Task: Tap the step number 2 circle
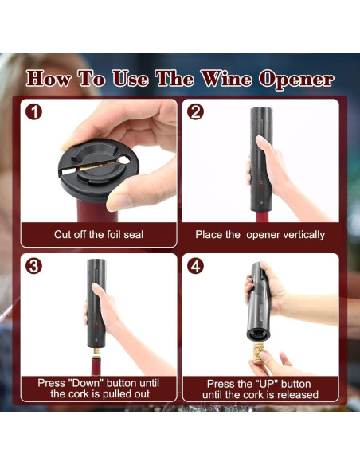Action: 195,112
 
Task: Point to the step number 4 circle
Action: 196,266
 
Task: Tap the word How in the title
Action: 50,80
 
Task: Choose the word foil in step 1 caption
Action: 114,235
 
